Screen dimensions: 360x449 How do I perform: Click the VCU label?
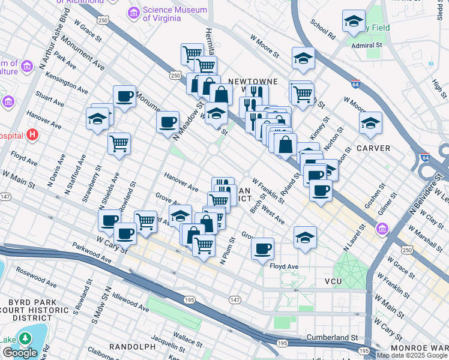[x=333, y=281]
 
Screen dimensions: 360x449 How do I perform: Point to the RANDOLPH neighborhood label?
[x=132, y=347]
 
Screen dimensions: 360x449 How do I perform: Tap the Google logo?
[x=20, y=353]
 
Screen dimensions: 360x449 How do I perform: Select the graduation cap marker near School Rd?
[x=354, y=22]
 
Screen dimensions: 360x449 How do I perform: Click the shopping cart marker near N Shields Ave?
[x=119, y=143]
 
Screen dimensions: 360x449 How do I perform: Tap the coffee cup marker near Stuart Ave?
[x=124, y=96]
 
